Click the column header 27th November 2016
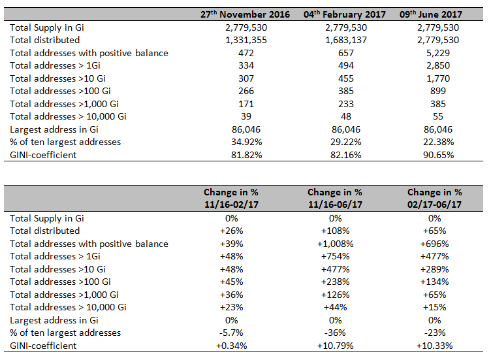click(x=246, y=14)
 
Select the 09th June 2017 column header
click(x=430, y=14)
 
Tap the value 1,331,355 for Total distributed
click(x=246, y=40)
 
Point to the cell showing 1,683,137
click(x=345, y=40)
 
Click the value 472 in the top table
click(x=246, y=53)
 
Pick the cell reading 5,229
click(x=437, y=53)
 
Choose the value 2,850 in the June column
click(x=437, y=65)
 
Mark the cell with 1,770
click(x=437, y=78)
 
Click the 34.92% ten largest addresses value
click(x=246, y=142)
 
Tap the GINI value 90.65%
click(x=438, y=155)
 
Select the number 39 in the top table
click(x=246, y=116)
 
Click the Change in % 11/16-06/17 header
click(x=335, y=198)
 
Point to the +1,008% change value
click(x=335, y=244)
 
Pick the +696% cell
click(x=435, y=244)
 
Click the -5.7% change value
click(x=231, y=333)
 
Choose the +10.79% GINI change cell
click(x=335, y=346)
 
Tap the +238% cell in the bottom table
click(x=335, y=282)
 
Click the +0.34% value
click(x=231, y=346)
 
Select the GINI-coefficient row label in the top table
click(x=43, y=155)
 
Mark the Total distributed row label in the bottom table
click(x=45, y=231)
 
